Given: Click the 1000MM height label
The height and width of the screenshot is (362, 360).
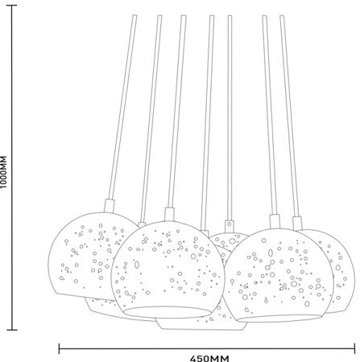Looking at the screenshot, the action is tap(3, 171).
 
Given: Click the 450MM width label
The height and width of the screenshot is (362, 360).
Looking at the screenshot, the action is tap(209, 359).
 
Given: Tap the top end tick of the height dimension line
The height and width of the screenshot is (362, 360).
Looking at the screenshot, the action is tap(11, 5).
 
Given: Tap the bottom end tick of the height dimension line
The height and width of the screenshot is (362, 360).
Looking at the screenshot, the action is tap(11, 330).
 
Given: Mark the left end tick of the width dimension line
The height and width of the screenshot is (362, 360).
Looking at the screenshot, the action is tap(59, 348).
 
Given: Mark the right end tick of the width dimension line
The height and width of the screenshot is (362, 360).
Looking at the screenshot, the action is tap(355, 348).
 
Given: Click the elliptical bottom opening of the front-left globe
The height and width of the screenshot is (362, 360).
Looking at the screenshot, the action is tap(168, 313).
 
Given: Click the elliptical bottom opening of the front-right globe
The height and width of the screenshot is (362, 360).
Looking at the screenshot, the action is tap(279, 318).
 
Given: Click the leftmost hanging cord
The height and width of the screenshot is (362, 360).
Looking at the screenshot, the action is tap(122, 107).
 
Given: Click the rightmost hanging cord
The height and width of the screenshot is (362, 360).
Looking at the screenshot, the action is tap(289, 115).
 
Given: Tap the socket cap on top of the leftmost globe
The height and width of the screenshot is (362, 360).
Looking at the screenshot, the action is tap(109, 206).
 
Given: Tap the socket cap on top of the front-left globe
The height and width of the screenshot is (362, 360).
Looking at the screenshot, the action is tap(169, 214).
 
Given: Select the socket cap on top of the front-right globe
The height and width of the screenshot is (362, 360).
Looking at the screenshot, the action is tap(275, 221).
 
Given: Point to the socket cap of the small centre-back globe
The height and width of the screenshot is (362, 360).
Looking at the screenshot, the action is tap(230, 226).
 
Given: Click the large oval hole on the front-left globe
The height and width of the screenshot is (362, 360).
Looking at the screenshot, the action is tap(137, 265).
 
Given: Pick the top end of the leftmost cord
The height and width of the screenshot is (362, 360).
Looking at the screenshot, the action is tap(134, 15).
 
